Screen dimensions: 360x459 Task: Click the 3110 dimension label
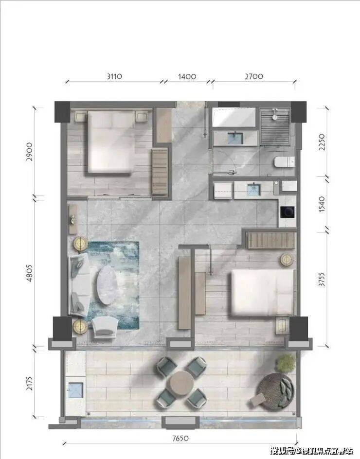114,77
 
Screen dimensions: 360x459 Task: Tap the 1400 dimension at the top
187,77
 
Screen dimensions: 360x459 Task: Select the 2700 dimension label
254,77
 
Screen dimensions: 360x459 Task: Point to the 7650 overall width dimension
180,438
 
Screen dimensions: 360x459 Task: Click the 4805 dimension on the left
30,273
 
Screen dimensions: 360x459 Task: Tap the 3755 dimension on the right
322,280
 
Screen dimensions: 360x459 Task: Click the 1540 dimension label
322,204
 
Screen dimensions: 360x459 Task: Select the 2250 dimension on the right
322,142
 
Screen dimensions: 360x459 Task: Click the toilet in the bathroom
284,162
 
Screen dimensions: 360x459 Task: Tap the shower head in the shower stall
274,114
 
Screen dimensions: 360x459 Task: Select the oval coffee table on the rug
107,285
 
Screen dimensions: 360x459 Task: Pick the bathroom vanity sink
235,139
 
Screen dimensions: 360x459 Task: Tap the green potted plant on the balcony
286,363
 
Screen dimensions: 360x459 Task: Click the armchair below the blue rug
105,329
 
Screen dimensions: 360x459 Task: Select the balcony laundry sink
76,390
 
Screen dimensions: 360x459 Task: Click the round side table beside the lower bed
287,259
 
